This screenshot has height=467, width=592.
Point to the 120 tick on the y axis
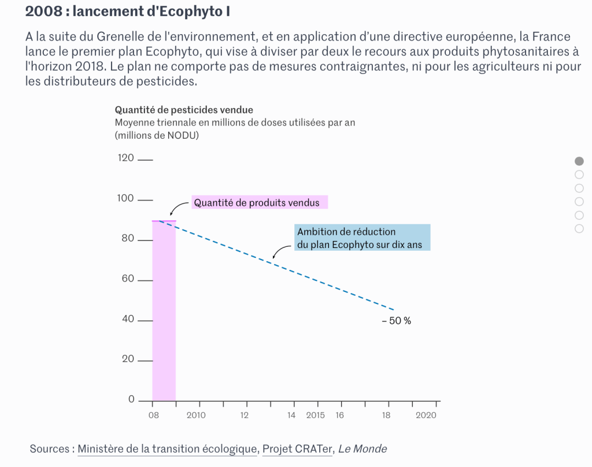[x=145, y=160]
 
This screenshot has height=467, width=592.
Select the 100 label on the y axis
[x=125, y=199]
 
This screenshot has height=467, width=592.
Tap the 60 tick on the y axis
[x=145, y=280]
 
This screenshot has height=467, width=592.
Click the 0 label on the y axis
[x=131, y=399]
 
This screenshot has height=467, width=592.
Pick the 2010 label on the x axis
[x=196, y=415]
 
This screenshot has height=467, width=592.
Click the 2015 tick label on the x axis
[x=315, y=415]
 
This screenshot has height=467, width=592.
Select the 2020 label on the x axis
[x=426, y=415]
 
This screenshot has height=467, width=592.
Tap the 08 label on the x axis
[x=153, y=415]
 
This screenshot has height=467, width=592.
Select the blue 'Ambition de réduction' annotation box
[x=362, y=238]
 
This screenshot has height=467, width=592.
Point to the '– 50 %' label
[x=397, y=321]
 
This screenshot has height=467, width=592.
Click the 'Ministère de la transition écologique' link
[x=168, y=449]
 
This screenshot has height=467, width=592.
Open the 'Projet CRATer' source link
[x=298, y=449]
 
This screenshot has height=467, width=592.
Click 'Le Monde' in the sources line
[x=362, y=449]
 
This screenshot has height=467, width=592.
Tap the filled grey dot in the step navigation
[x=579, y=161]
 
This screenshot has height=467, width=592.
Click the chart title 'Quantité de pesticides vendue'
[x=184, y=110]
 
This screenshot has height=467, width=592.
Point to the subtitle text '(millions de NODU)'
[x=157, y=135]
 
